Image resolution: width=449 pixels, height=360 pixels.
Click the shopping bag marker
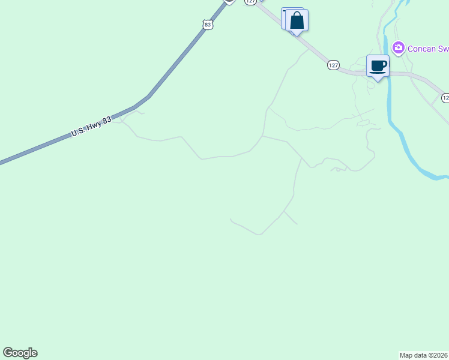tap(297, 21)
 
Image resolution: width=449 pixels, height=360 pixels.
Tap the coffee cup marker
tap(378, 66)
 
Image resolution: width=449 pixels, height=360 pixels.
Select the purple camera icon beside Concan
tap(398, 47)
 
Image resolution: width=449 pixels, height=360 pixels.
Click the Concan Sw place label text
tap(428, 48)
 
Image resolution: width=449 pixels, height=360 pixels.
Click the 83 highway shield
tap(208, 24)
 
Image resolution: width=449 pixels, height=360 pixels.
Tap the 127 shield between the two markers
tap(334, 65)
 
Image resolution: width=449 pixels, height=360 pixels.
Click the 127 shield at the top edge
tap(250, 2)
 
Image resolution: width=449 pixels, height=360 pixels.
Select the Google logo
tap(20, 353)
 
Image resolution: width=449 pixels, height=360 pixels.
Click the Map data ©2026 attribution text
tap(424, 355)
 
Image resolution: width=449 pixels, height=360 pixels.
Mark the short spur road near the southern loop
tap(291, 218)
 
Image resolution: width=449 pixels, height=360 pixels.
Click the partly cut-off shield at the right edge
tap(445, 97)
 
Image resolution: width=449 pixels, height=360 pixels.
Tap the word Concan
tap(421, 48)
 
